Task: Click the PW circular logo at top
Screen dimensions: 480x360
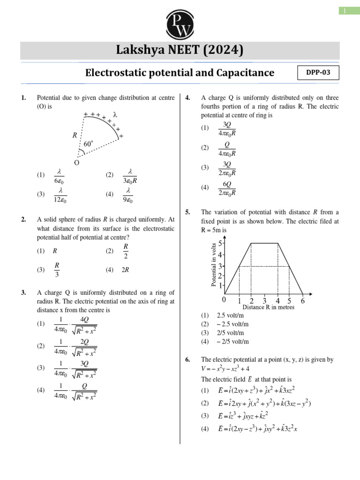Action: click(x=180, y=23)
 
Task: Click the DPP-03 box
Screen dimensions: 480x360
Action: click(x=318, y=73)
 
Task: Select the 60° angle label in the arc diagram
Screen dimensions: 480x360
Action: click(x=89, y=144)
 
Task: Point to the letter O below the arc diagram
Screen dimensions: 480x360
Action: click(x=76, y=163)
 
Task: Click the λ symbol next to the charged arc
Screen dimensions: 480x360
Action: click(x=115, y=114)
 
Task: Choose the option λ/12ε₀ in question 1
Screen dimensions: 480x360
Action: click(x=61, y=195)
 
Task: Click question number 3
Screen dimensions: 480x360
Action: click(x=23, y=293)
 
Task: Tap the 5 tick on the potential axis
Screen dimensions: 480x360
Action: click(x=220, y=243)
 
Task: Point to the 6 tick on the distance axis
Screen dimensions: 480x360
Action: click(x=303, y=301)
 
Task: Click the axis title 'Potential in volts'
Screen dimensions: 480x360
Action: click(x=214, y=265)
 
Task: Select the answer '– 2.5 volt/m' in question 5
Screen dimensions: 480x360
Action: click(x=232, y=324)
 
